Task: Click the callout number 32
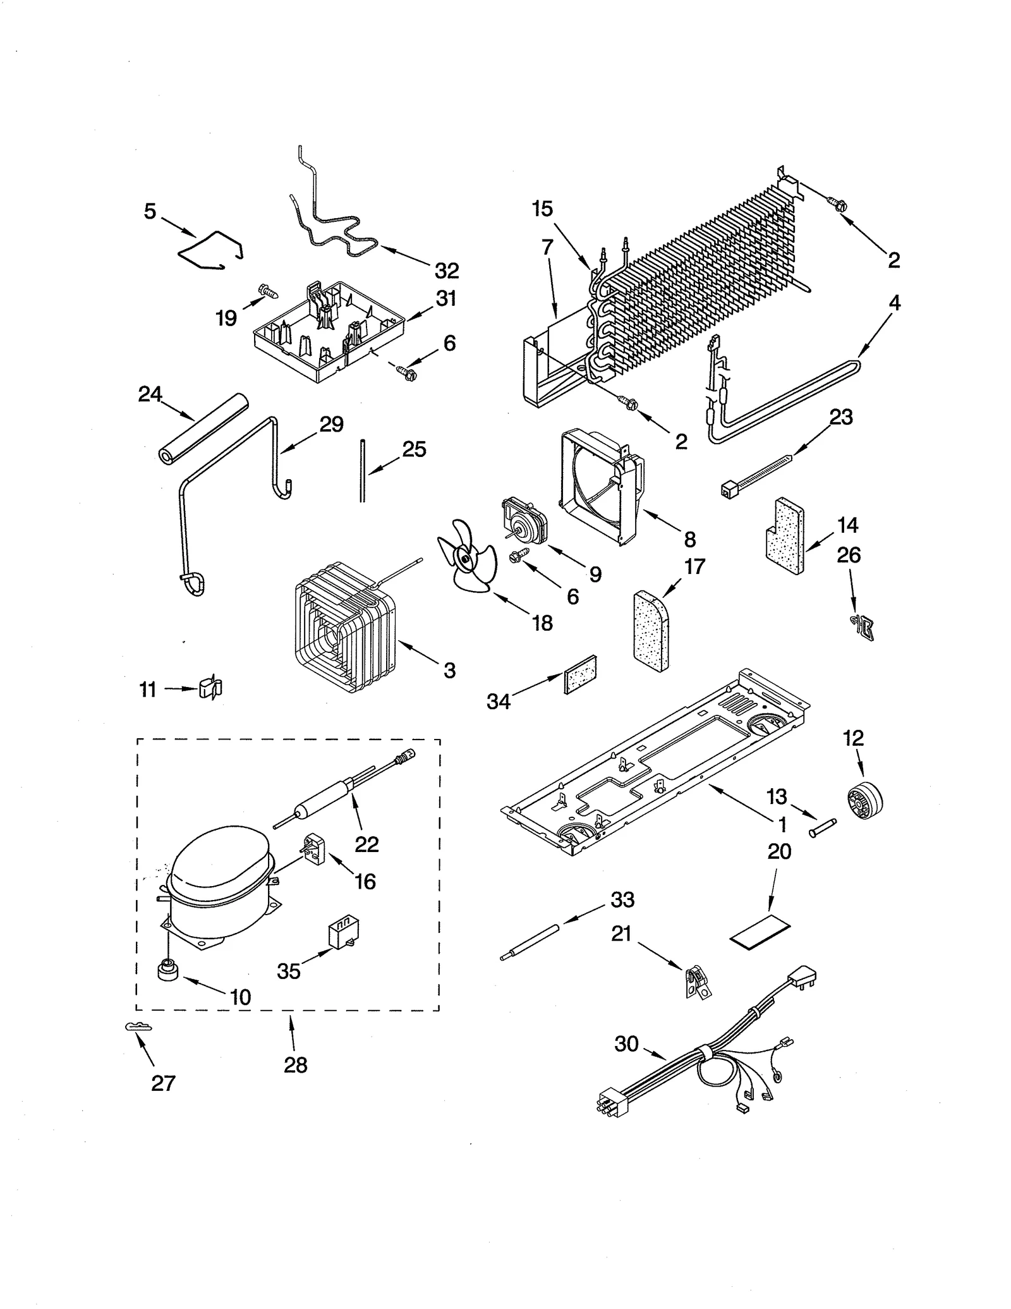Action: (446, 271)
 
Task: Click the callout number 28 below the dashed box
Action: (295, 1065)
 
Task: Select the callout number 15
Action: (542, 209)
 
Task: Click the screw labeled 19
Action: (269, 292)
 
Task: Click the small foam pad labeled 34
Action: (579, 674)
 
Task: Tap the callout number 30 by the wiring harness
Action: (626, 1044)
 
